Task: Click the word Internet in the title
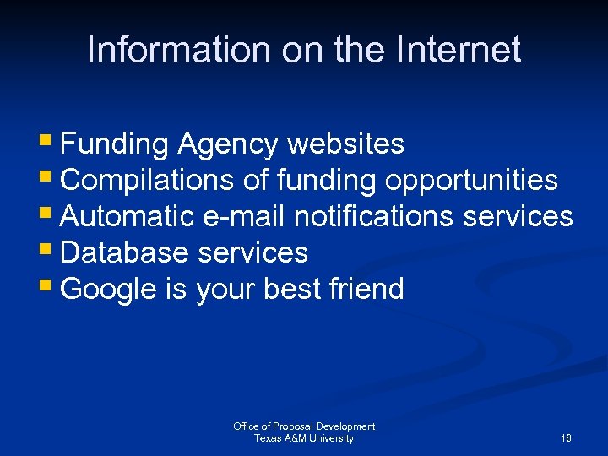click(461, 50)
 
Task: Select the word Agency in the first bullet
click(227, 144)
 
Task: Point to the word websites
click(346, 144)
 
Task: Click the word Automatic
click(128, 217)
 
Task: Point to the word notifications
click(374, 217)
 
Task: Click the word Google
click(109, 290)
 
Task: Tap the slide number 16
click(566, 438)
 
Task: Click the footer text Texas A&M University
click(304, 438)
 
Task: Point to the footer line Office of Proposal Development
click(304, 426)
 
